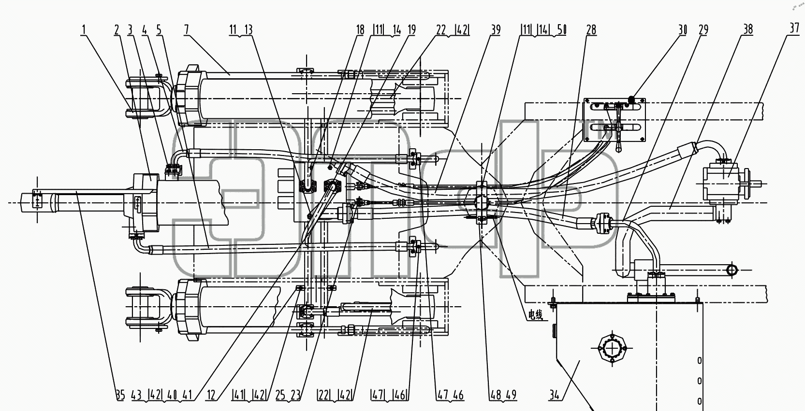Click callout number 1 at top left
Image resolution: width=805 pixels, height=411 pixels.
coord(84,30)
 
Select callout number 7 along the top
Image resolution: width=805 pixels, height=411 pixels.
coord(186,30)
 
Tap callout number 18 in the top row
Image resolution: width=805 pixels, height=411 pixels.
coord(360,30)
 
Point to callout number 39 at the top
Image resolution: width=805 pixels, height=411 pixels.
coord(496,30)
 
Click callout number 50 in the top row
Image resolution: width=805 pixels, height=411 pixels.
coord(562,30)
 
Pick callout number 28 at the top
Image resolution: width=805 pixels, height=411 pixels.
coord(591,30)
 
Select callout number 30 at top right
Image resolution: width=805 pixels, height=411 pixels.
coord(683,30)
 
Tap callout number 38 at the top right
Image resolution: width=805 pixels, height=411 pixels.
coord(748,29)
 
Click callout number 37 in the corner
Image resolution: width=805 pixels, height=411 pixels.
coord(794,28)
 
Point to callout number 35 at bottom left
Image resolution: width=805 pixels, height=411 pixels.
coord(120,395)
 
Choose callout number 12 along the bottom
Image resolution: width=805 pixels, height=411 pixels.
coord(211,395)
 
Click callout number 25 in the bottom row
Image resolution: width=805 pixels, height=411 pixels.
coord(280,395)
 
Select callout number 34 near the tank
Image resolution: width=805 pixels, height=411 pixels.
coord(554,395)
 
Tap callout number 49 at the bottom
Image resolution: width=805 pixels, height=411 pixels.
coord(512,395)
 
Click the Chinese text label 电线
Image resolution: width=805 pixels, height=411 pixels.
coord(535,315)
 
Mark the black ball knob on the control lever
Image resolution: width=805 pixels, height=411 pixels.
coord(631,99)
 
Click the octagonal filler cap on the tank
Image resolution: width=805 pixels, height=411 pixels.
coord(612,348)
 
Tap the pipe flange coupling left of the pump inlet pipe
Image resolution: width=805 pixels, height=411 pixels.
coord(601,223)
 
